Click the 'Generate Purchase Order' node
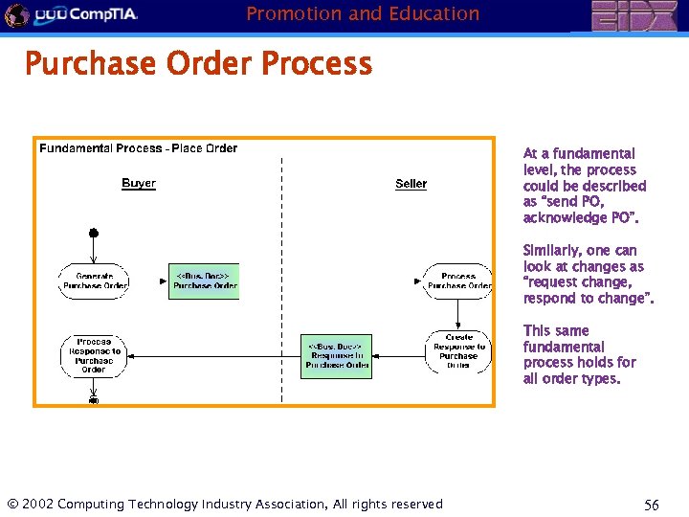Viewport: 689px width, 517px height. (x=95, y=281)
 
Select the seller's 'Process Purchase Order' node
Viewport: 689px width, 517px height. (x=458, y=281)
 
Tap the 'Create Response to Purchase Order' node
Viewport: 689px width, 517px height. (x=458, y=351)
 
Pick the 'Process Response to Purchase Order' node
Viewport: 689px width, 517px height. (x=94, y=355)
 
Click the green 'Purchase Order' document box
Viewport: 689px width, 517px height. (x=204, y=281)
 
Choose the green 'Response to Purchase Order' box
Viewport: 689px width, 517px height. (x=336, y=356)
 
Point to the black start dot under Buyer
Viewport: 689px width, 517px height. (x=94, y=233)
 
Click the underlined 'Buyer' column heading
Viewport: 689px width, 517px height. (x=139, y=183)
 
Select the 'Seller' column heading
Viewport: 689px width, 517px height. (x=411, y=184)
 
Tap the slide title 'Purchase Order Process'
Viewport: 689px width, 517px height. (x=198, y=64)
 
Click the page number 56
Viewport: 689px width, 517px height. (x=652, y=505)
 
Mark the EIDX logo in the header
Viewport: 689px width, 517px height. (x=633, y=16)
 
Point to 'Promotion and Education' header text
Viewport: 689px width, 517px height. (x=363, y=13)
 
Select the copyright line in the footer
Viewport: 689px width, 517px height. (x=225, y=505)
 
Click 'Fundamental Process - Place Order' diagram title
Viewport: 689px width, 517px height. (x=139, y=148)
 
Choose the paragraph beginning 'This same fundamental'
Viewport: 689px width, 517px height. (x=580, y=354)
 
